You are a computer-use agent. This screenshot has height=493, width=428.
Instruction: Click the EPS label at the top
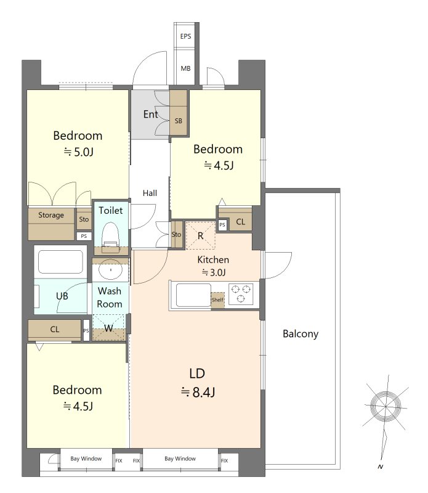[x=185, y=36]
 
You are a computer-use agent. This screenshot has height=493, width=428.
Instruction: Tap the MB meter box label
[x=185, y=68]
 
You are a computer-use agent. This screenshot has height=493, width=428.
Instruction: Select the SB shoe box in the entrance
[x=179, y=113]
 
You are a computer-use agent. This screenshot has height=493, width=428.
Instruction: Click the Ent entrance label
[x=150, y=114]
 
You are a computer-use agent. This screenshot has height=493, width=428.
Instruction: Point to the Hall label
[x=150, y=193]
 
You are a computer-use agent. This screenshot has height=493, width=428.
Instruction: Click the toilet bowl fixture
[x=111, y=237]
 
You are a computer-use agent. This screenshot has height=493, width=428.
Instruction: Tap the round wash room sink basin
[x=110, y=270]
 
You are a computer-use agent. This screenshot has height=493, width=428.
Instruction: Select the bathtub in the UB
[x=60, y=262]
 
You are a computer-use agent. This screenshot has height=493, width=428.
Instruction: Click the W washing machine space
[x=109, y=327]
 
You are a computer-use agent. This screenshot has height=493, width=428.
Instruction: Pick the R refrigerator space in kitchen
[x=201, y=235]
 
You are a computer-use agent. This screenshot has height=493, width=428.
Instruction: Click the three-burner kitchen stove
[x=241, y=294]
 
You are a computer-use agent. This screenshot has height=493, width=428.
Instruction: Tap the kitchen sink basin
[x=193, y=295]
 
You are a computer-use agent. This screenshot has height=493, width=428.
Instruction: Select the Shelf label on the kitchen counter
[x=217, y=299]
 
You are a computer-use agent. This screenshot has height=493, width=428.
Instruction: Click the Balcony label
[x=301, y=333]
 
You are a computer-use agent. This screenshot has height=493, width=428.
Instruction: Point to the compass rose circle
[x=386, y=406]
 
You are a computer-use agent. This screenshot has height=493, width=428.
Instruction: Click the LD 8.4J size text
[x=198, y=392]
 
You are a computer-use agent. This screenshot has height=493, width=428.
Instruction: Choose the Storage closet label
[x=51, y=215]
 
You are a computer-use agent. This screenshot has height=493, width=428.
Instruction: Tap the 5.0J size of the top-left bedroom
[x=79, y=152]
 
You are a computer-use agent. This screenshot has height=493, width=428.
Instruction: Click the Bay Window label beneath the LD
[x=180, y=458]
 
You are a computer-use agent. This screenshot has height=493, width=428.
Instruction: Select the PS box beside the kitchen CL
[x=222, y=225]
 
